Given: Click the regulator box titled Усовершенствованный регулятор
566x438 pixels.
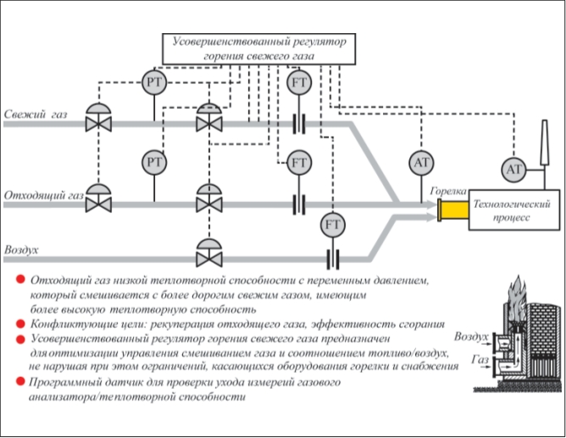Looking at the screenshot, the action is click(x=258, y=49).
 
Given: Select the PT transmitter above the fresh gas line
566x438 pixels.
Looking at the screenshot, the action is click(x=154, y=82).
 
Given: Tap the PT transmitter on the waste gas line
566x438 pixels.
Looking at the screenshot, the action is click(x=154, y=162).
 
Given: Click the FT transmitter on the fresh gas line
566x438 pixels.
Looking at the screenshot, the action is click(x=299, y=83).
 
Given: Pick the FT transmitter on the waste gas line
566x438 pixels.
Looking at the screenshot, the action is click(x=299, y=162).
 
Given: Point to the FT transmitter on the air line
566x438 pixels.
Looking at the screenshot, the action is click(x=333, y=225).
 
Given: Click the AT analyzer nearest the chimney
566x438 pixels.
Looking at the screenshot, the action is click(x=514, y=169).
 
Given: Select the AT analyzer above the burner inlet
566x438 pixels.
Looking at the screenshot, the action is click(x=421, y=163).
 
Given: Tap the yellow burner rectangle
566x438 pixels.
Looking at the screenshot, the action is click(x=453, y=211).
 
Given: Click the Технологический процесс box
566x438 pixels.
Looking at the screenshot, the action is click(x=514, y=211).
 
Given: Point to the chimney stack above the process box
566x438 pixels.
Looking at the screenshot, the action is click(x=544, y=143).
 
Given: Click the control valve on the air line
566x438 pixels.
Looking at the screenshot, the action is click(x=209, y=253).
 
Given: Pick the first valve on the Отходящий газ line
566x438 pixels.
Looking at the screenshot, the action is click(x=98, y=198).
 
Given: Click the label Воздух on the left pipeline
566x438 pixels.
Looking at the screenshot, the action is click(x=21, y=250).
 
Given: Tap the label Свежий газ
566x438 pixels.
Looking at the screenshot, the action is click(x=36, y=115).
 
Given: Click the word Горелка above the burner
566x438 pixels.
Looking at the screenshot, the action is click(x=448, y=191).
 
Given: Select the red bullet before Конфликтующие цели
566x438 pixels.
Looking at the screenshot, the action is click(x=20, y=323).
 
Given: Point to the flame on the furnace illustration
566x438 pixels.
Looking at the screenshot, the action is click(x=516, y=298).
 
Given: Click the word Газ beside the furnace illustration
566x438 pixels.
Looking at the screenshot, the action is click(x=480, y=360).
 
